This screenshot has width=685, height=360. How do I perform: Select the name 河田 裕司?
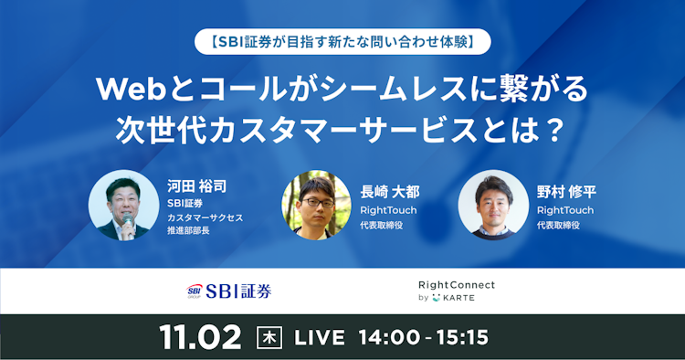[196, 186]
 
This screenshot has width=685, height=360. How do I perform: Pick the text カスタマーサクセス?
[205, 218]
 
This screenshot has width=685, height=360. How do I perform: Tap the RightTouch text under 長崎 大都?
[388, 209]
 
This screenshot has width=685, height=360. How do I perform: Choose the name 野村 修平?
[567, 193]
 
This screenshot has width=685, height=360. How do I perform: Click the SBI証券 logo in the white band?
[227, 291]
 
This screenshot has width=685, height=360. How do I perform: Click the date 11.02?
[200, 336]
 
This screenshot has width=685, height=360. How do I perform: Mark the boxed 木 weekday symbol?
[269, 336]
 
